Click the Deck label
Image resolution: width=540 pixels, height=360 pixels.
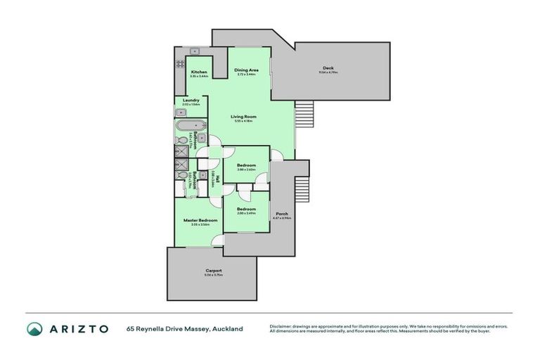tap(328, 68)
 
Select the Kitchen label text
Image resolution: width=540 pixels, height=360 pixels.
tap(199, 72)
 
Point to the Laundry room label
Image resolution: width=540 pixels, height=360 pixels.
tap(191, 101)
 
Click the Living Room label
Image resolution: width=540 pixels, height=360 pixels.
tap(245, 117)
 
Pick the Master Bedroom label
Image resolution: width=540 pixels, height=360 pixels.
tap(200, 220)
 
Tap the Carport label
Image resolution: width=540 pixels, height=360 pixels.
tap(214, 271)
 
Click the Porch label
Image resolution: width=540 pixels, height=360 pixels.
tap(281, 214)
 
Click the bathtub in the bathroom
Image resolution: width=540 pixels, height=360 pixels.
tap(190, 127)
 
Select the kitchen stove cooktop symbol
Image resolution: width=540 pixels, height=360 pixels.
tap(179, 67)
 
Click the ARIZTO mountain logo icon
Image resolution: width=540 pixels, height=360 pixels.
tap(34, 329)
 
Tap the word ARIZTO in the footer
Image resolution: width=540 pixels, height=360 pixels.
tap(77, 329)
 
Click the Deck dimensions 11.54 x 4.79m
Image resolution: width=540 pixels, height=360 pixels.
tap(328, 72)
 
